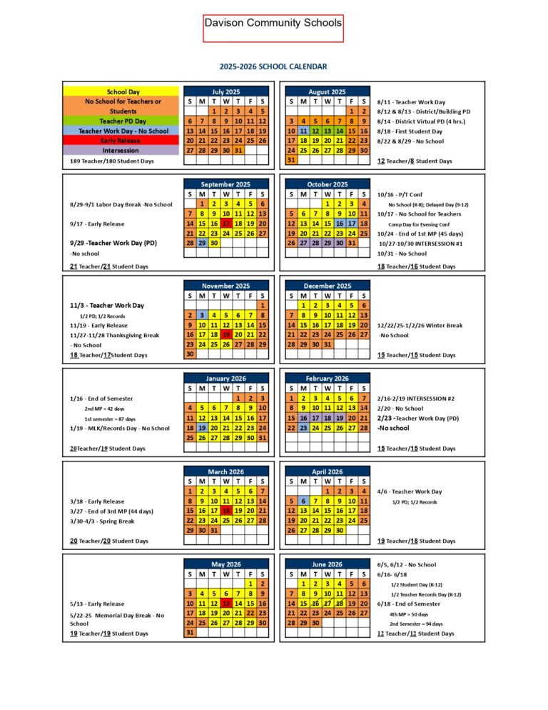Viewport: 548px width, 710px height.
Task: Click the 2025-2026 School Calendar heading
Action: [273, 66]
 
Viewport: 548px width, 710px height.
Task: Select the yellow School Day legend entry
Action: [123, 91]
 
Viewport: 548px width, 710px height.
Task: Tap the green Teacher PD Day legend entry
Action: [123, 121]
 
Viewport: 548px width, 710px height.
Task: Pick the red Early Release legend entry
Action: [123, 141]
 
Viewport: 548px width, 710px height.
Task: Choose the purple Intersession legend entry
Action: [123, 151]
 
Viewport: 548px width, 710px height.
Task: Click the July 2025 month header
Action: [225, 91]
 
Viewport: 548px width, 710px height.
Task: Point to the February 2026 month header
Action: [327, 379]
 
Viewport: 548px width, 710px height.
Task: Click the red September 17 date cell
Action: [225, 223]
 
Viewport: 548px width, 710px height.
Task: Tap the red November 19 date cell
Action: [225, 334]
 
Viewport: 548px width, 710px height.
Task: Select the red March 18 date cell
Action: [225, 511]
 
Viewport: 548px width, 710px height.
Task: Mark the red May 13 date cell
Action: [225, 604]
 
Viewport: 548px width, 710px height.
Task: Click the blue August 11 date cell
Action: [303, 131]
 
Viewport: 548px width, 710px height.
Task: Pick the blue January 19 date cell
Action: [202, 427]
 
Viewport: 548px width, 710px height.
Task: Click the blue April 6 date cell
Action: [303, 501]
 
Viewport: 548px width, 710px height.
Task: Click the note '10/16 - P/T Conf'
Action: [400, 194]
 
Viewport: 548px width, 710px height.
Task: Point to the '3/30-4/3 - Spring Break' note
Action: [102, 521]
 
